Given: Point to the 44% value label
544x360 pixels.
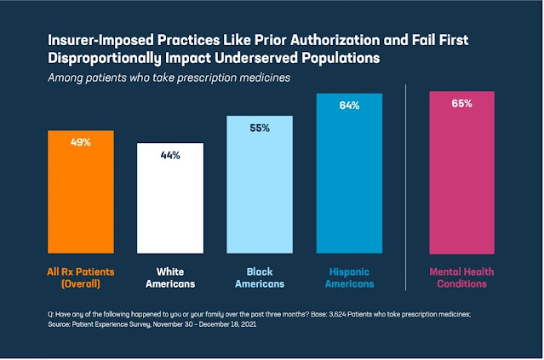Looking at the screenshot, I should (x=170, y=156).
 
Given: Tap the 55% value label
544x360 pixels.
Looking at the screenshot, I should (x=260, y=129).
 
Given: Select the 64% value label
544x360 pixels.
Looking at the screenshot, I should (x=349, y=106).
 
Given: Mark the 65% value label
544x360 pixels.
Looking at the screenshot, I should (x=461, y=104).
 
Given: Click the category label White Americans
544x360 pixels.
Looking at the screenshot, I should (x=170, y=277).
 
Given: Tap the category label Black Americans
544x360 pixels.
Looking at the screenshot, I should (x=260, y=277).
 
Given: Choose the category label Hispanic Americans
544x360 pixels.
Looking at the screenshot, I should (x=349, y=277).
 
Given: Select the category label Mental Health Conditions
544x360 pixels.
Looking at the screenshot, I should (x=461, y=277).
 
